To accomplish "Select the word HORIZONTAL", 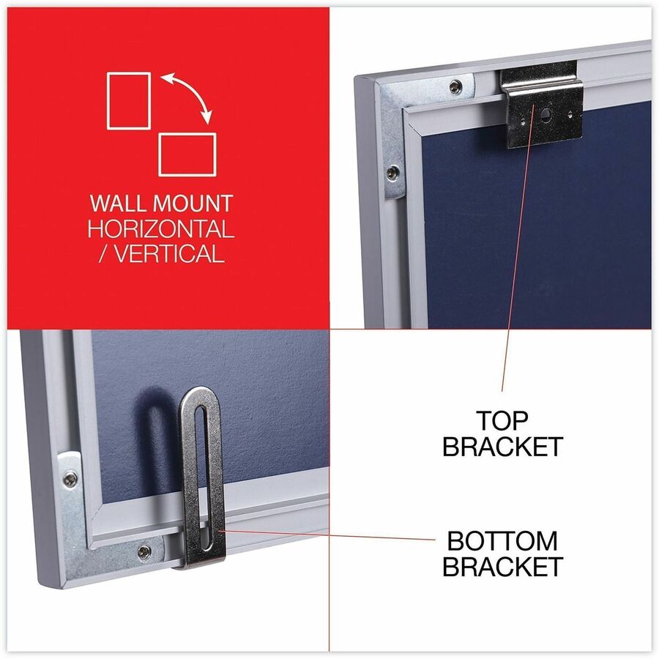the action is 160,229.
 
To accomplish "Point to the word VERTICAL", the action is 169,254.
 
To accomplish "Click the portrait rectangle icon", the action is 129,101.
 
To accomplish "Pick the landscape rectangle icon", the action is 187,154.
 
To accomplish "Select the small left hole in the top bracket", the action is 522,122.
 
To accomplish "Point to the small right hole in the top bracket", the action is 570,113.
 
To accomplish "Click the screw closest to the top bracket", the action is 455,87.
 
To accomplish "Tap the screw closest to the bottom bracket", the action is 144,551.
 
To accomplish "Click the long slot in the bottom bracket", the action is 203,478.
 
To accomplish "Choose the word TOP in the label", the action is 502,421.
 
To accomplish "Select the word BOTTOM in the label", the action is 502,541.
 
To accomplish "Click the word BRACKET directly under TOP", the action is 502,447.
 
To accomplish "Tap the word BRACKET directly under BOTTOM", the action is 502,566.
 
